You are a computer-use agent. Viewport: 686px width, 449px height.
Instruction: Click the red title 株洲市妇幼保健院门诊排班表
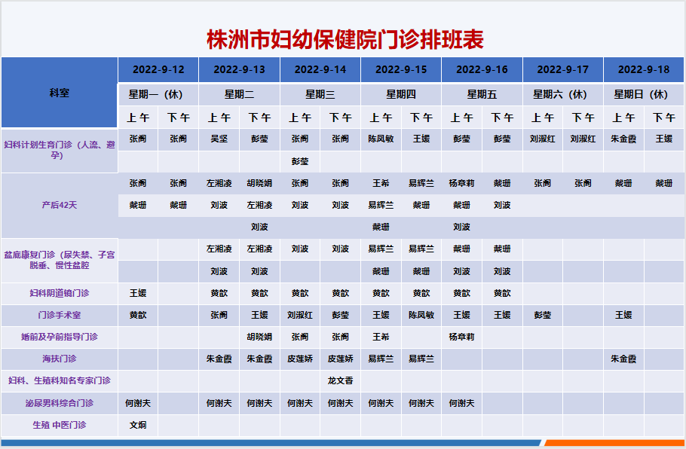click(345, 40)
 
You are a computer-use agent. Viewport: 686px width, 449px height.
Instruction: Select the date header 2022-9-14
click(320, 69)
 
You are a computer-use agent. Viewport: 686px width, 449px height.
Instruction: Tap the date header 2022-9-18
click(644, 69)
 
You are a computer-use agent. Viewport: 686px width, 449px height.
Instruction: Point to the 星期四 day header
click(401, 94)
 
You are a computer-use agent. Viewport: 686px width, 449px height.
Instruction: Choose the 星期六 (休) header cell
click(562, 94)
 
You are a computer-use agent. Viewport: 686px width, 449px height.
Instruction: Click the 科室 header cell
click(60, 93)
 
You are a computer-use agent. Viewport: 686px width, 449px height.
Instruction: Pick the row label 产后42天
click(60, 205)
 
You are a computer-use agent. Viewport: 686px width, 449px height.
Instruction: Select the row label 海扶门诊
click(60, 359)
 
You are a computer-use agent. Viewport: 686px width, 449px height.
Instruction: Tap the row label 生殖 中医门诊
click(60, 425)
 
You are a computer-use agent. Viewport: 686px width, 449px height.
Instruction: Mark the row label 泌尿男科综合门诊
click(60, 403)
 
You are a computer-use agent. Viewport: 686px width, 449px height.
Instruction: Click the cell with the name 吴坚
click(219, 139)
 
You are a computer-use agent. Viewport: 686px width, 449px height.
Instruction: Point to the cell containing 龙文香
click(341, 380)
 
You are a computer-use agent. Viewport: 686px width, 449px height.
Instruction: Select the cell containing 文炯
click(138, 425)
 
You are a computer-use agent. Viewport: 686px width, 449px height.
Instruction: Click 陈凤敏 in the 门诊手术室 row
click(421, 315)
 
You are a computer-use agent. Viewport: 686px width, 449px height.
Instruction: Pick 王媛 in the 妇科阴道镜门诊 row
click(138, 293)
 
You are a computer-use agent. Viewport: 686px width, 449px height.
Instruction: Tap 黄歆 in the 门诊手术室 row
click(138, 315)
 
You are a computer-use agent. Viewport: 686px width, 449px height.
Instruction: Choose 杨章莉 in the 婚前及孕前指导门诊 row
click(461, 337)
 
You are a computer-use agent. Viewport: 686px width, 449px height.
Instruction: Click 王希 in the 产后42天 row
click(381, 183)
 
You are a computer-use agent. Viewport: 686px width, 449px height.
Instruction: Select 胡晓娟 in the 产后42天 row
click(259, 183)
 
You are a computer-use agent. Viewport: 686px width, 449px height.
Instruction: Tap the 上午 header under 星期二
click(219, 118)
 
